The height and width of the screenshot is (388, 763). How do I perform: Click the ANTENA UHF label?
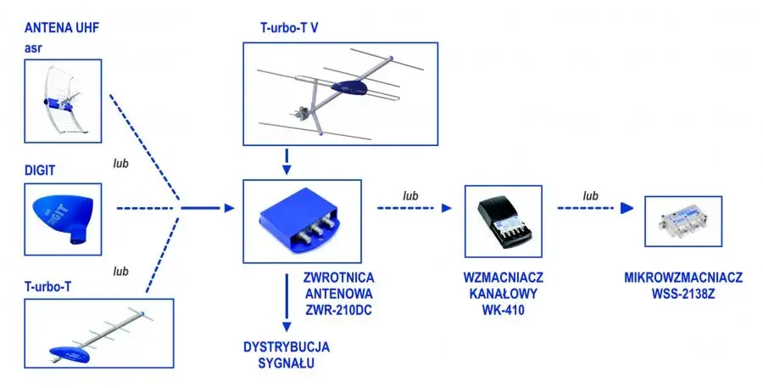[62, 28]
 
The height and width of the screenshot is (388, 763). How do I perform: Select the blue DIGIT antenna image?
[61, 219]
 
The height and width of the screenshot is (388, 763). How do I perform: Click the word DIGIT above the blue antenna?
[40, 171]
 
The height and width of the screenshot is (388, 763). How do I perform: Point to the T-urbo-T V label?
[289, 27]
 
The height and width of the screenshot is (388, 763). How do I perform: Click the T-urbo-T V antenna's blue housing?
[349, 87]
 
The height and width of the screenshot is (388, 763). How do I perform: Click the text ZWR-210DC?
[337, 310]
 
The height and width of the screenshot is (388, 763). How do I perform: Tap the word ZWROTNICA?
[338, 278]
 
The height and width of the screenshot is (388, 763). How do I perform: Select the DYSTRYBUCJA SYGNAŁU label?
[287, 355]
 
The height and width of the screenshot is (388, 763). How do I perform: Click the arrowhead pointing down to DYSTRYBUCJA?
[287, 327]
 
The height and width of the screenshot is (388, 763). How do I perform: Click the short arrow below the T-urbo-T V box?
[287, 162]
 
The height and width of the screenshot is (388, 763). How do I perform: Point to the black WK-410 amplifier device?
[503, 222]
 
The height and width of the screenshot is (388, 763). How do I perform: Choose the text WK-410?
[503, 310]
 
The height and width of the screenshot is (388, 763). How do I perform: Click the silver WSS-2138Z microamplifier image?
[683, 222]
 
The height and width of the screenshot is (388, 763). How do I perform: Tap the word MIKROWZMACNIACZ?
[683, 278]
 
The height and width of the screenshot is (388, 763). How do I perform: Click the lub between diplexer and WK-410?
[410, 196]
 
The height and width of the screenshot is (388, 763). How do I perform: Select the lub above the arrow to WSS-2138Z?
[590, 196]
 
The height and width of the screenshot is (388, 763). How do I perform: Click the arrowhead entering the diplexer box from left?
[229, 208]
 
